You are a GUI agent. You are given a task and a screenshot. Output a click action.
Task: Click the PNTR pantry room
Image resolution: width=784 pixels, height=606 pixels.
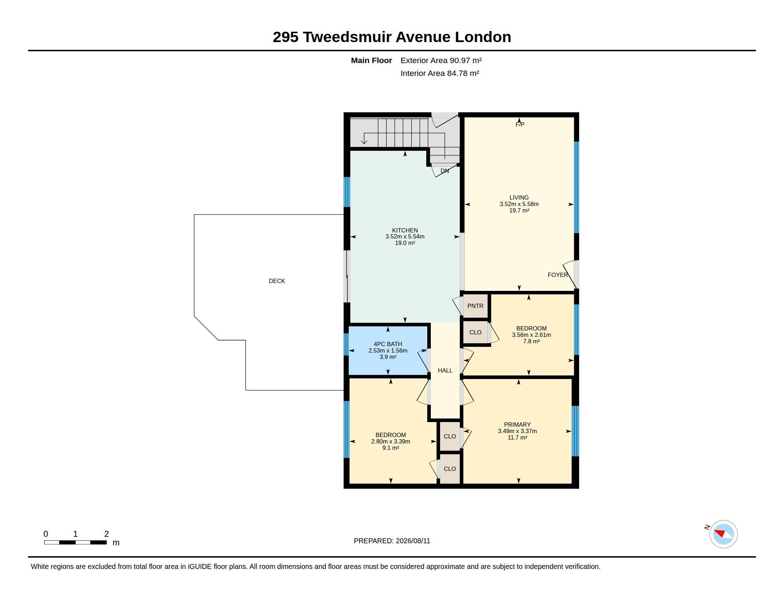click(x=475, y=306)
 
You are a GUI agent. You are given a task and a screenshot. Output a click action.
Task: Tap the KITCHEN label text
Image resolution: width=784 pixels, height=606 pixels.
click(x=405, y=231)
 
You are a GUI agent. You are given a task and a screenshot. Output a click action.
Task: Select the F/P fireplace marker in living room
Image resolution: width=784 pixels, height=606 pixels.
click(x=520, y=124)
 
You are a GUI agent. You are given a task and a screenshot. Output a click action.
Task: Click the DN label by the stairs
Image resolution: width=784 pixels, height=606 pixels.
click(x=445, y=171)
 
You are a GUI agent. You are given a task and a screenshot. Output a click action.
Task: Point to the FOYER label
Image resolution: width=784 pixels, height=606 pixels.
click(x=558, y=275)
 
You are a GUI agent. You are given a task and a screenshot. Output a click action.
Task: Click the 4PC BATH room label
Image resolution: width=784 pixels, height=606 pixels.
click(x=388, y=344)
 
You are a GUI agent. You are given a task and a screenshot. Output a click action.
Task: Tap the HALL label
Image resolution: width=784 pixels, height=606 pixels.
click(x=445, y=370)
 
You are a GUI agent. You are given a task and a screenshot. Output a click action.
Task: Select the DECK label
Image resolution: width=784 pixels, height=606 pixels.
click(x=277, y=281)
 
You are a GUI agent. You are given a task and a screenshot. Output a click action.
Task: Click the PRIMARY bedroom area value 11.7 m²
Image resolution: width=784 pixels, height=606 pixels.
click(x=517, y=438)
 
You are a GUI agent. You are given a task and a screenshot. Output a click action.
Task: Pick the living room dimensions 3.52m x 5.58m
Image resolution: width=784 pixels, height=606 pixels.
click(x=519, y=204)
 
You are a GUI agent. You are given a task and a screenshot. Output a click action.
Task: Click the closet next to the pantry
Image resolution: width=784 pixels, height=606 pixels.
click(x=475, y=333)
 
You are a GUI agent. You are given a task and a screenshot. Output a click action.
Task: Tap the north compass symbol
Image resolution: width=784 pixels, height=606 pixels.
click(x=723, y=534)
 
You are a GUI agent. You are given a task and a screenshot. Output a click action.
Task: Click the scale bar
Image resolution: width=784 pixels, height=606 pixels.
click(x=76, y=543)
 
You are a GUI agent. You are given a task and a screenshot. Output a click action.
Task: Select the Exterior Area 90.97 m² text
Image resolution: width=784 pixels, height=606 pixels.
click(x=441, y=60)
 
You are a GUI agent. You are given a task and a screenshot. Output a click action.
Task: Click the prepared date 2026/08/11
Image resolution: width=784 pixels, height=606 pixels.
click(x=413, y=541)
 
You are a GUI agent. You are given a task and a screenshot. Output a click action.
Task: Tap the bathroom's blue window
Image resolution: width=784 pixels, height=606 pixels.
click(x=346, y=345)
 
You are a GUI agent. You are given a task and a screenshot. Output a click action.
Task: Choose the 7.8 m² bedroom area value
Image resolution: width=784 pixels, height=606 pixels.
click(x=531, y=341)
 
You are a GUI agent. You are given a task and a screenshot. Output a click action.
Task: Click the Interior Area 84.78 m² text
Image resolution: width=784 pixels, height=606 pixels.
click(x=440, y=73)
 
